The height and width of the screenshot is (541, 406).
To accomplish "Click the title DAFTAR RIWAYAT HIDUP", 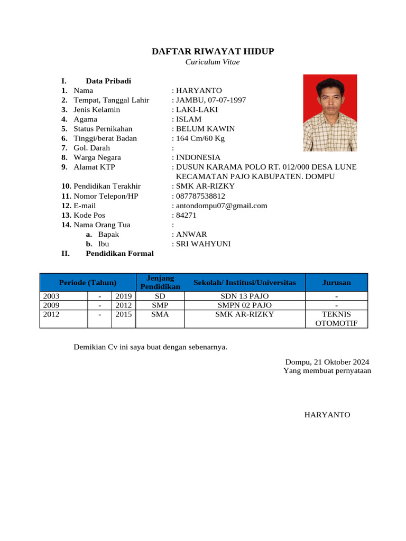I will [213, 51].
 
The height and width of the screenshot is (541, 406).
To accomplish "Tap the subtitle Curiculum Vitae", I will [212, 62].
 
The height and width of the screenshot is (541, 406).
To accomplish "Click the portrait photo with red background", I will [329, 113].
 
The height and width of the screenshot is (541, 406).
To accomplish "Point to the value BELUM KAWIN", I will [205, 129].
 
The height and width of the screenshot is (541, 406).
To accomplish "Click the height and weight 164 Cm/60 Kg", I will [200, 138].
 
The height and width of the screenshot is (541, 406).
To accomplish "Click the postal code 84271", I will [186, 215].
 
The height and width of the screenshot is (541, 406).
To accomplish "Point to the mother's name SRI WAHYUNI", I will [203, 244].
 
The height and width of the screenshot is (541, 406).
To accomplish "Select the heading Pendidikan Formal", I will [119, 254].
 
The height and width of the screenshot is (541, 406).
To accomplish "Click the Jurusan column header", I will [336, 283].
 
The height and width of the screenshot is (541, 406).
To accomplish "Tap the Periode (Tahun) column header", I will [88, 283].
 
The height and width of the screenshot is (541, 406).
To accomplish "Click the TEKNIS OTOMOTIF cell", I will [336, 319].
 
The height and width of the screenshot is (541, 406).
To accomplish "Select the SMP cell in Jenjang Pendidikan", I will [160, 305].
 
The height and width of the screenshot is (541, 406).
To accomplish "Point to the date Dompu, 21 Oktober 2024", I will [327, 362].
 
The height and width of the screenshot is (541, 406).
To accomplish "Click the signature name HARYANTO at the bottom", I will [327, 415].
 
